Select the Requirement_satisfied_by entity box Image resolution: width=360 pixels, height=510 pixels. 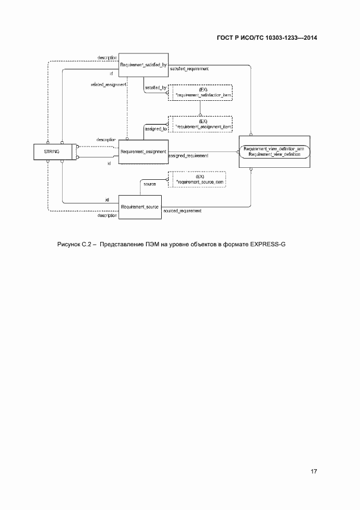(x=141, y=65)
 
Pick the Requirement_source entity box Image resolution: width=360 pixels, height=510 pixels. (x=141, y=208)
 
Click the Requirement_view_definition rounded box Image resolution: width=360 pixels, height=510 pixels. (x=274, y=152)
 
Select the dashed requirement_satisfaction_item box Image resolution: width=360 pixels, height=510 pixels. (x=200, y=92)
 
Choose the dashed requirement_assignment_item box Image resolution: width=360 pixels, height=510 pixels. (x=200, y=124)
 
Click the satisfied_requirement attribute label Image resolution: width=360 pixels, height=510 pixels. (x=190, y=69)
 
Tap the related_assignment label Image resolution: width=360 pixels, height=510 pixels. (x=108, y=84)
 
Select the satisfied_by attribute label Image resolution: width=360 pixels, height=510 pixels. (x=155, y=87)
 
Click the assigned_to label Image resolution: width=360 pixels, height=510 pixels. (x=155, y=129)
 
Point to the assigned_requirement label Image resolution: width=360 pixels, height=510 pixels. (x=188, y=156)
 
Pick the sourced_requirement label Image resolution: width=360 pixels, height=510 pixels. (x=182, y=210)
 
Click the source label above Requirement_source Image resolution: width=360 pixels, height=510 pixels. (x=150, y=184)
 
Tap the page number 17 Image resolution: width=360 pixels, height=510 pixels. (x=314, y=471)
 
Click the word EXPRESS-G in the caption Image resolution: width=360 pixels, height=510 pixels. (x=268, y=244)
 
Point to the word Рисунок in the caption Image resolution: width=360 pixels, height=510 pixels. (x=69, y=244)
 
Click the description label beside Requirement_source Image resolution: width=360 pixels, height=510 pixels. (x=107, y=216)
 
